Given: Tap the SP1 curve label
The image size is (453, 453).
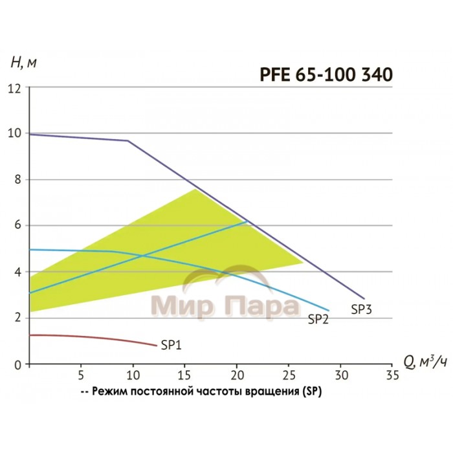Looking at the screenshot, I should (x=170, y=345).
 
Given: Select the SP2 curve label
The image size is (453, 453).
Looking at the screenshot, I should (x=318, y=318).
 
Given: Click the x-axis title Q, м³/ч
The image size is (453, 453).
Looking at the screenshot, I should (x=415, y=363).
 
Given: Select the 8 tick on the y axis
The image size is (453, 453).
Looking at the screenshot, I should (x=18, y=179).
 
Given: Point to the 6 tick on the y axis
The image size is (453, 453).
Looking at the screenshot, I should (x=18, y=225).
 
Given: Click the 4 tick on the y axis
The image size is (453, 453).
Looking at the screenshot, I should (x=18, y=272).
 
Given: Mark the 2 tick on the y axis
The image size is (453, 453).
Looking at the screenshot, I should (x=18, y=318).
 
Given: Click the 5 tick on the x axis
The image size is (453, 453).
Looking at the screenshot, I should (x=81, y=375).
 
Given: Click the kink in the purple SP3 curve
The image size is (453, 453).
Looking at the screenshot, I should (x=127, y=140).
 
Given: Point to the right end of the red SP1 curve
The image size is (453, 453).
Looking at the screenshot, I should (x=157, y=346).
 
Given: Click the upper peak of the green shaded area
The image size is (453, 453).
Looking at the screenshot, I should (x=195, y=189).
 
